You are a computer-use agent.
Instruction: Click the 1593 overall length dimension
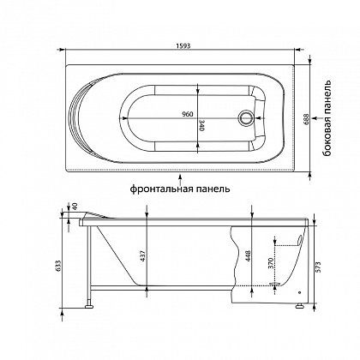click(183, 46)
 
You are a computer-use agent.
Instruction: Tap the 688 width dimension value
click(305, 119)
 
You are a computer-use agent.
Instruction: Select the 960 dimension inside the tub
click(188, 114)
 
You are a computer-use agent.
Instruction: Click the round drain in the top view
click(245, 118)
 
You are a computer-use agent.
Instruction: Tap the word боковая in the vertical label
click(327, 136)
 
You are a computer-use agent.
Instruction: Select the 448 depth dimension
click(248, 257)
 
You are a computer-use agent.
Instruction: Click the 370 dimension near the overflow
click(271, 263)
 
